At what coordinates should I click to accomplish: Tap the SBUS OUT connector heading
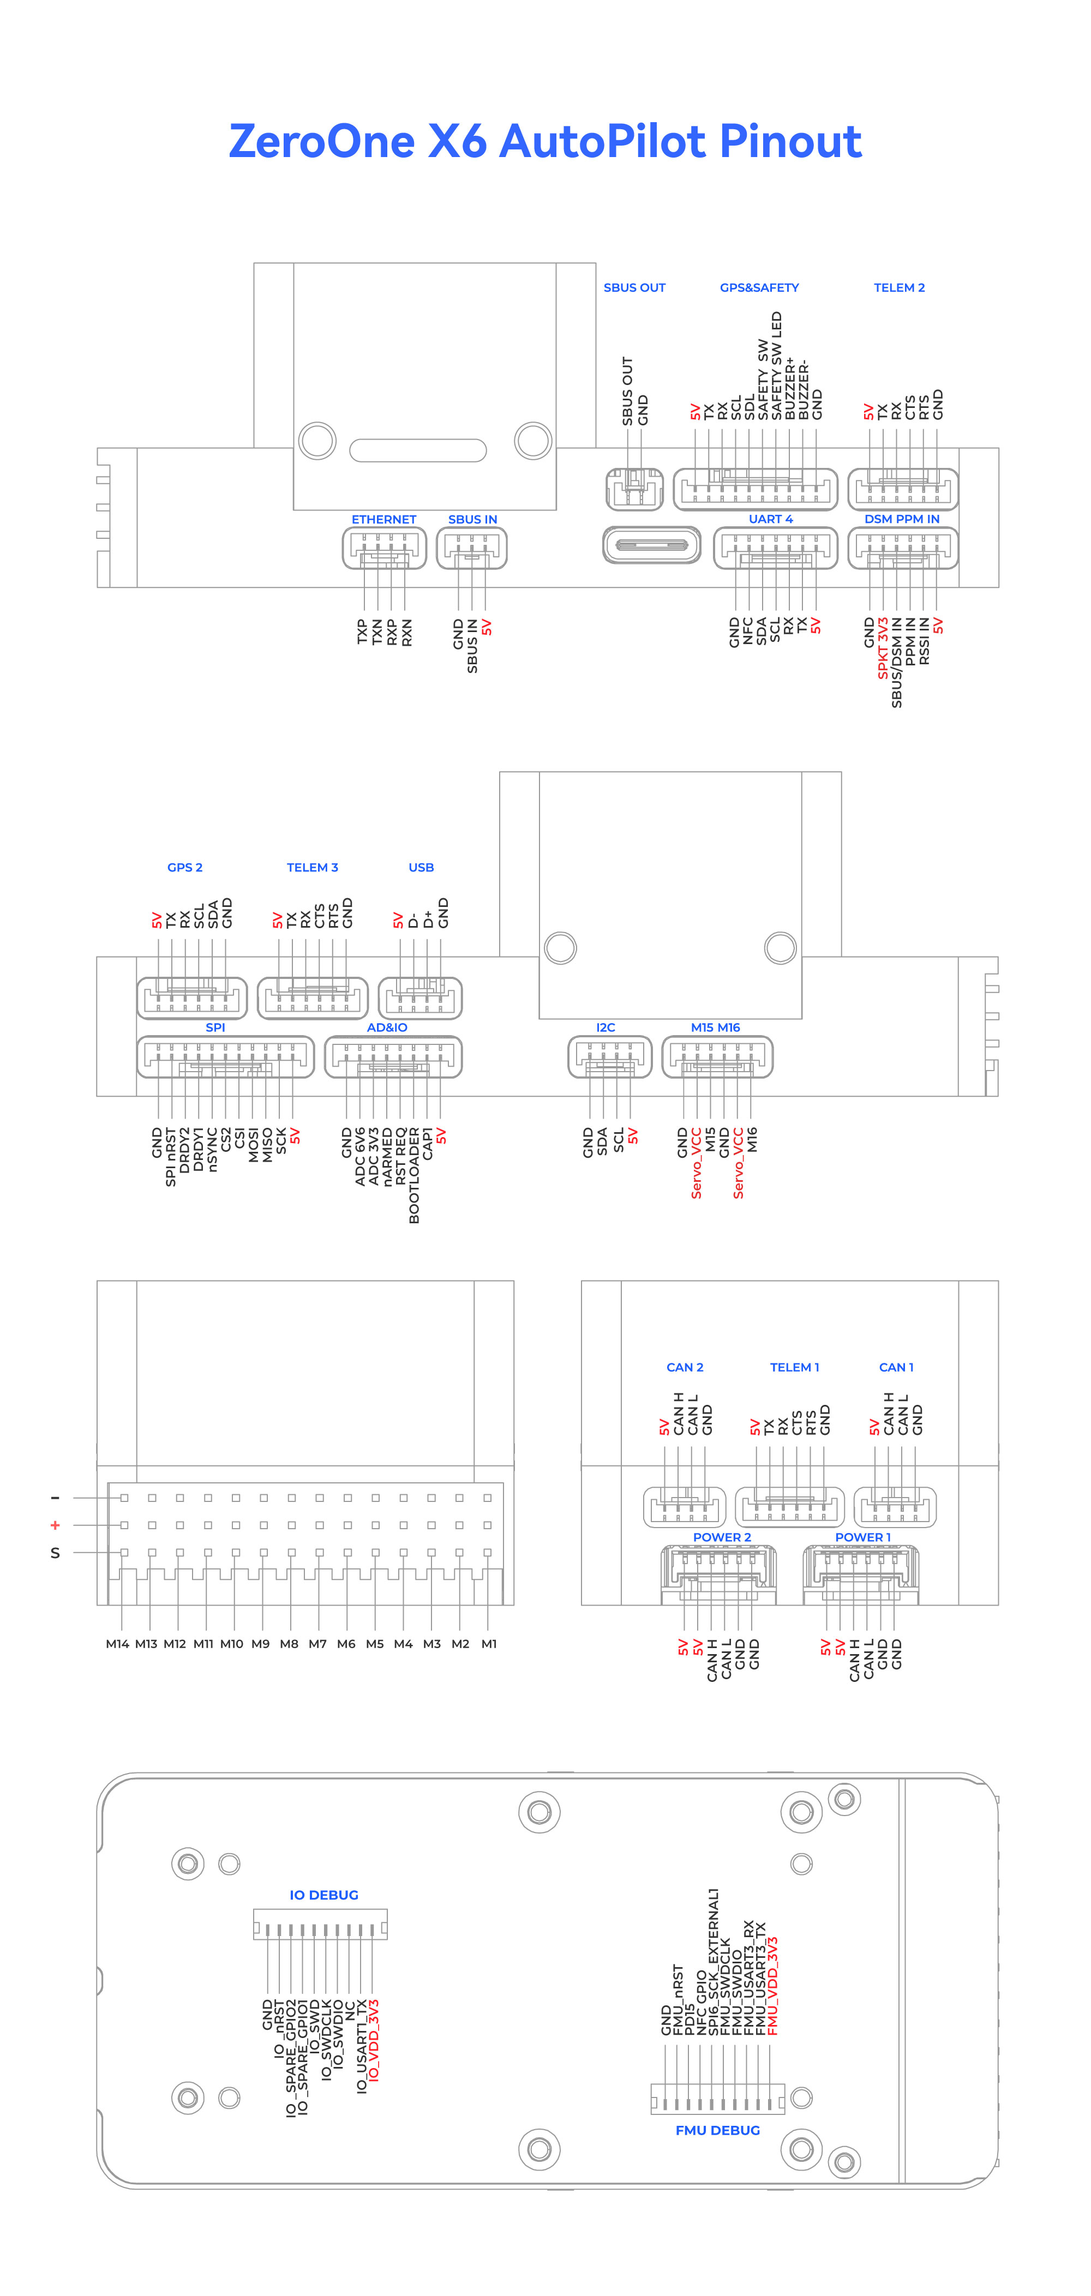point(634,288)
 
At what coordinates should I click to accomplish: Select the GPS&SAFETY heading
point(759,288)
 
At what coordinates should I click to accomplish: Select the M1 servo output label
point(488,1644)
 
